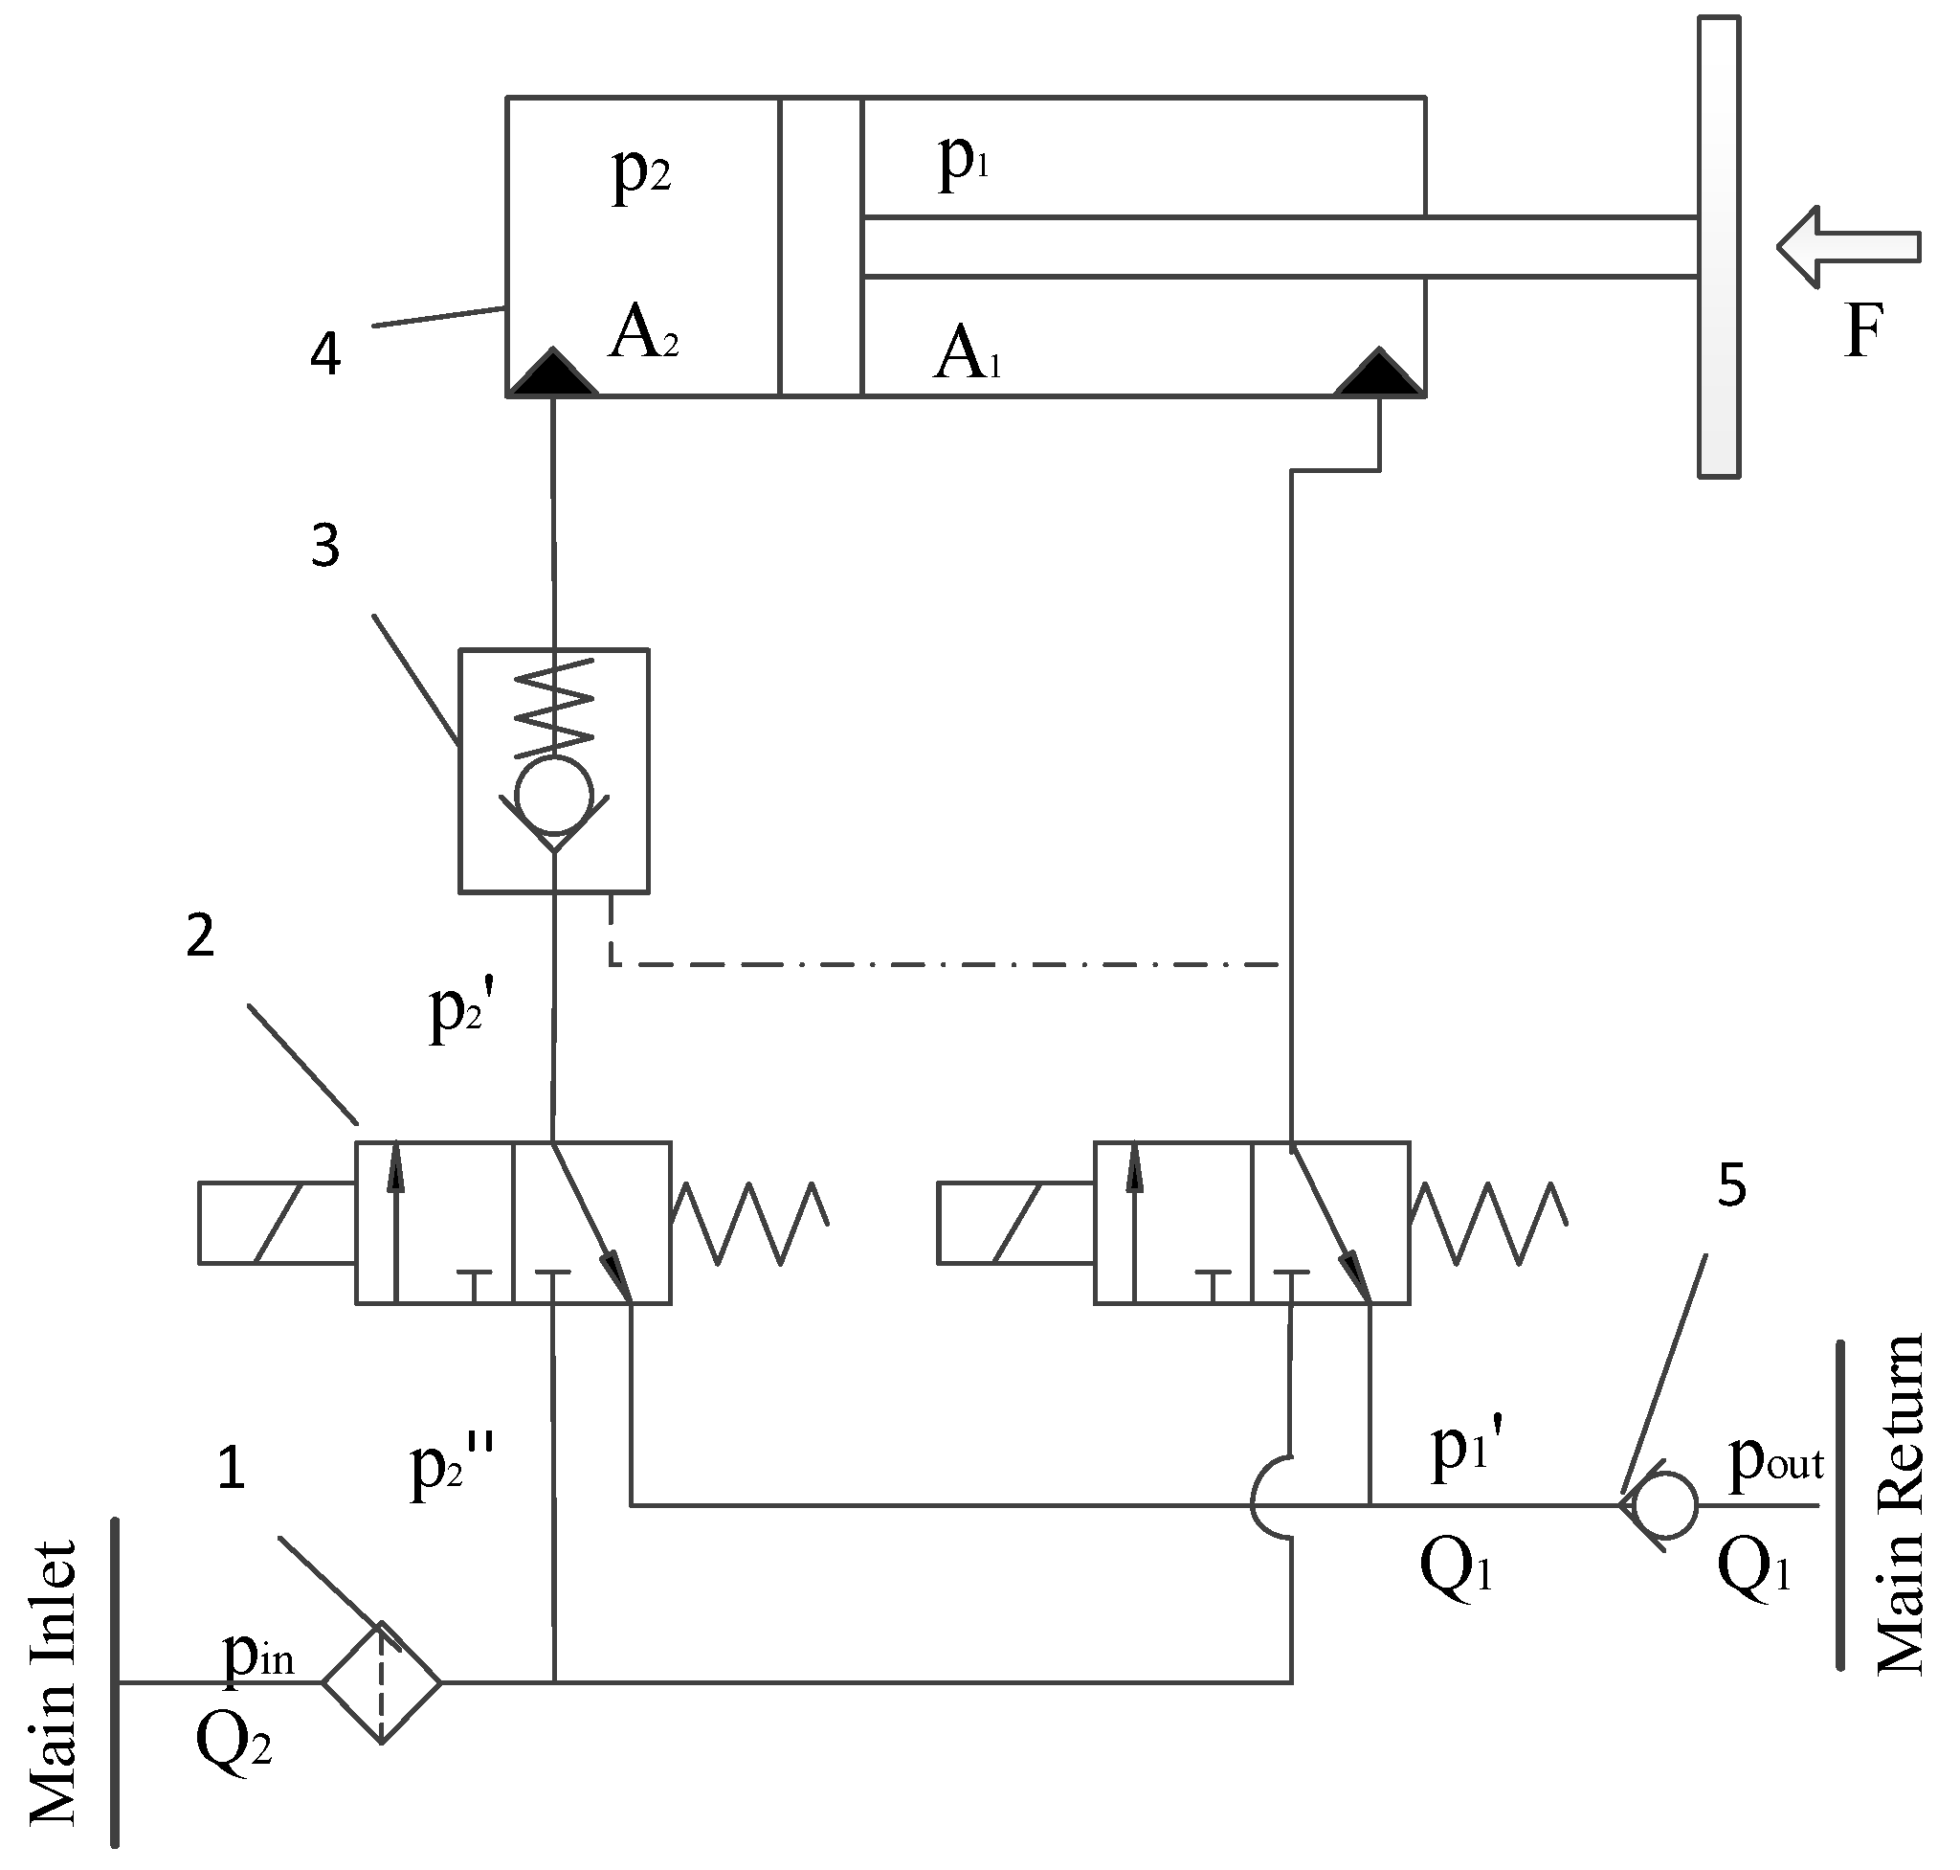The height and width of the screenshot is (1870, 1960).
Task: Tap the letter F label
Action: click(x=1861, y=331)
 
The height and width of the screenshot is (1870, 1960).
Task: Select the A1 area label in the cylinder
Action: click(x=966, y=354)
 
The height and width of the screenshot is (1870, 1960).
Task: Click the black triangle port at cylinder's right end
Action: click(x=1379, y=373)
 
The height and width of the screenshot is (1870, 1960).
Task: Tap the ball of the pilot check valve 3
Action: click(x=554, y=795)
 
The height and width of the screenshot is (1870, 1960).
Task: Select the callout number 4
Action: click(x=325, y=354)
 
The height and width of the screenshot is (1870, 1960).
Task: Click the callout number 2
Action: click(x=200, y=937)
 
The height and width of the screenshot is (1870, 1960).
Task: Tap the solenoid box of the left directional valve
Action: click(x=276, y=1223)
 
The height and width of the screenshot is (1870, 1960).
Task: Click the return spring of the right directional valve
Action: click(x=1487, y=1223)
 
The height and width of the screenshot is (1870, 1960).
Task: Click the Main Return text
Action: click(x=1899, y=1505)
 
